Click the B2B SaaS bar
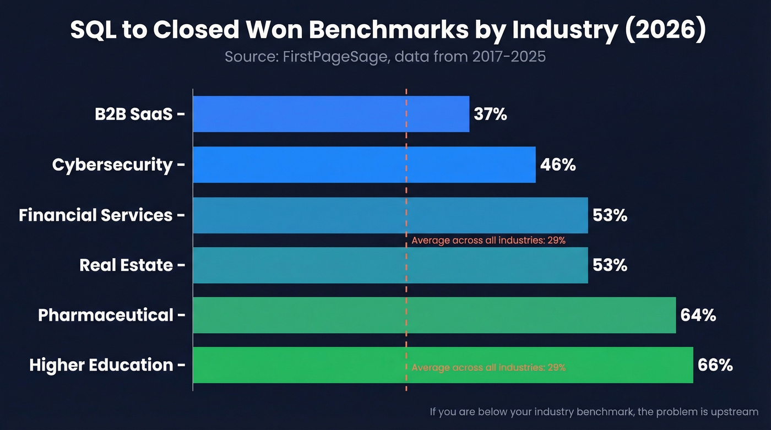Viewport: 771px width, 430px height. (330, 114)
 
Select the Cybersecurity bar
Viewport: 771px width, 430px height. (363, 164)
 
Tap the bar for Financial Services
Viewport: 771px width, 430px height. (390, 215)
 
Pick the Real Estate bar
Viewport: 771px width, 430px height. (390, 265)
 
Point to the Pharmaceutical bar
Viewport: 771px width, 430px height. (434, 315)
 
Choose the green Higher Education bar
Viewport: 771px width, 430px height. (442, 365)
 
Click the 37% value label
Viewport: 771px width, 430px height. (490, 115)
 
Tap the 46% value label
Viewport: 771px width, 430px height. (558, 165)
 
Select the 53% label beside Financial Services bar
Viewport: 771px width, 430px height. (610, 215)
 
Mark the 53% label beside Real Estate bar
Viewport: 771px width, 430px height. (610, 265)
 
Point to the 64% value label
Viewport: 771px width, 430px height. (698, 315)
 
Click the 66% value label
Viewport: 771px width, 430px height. (715, 365)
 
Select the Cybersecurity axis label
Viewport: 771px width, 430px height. (112, 165)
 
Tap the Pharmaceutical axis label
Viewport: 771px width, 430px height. (105, 315)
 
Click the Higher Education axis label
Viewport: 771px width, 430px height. (101, 365)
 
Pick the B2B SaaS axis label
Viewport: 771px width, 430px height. (134, 115)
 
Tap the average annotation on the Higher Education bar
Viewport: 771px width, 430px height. (488, 367)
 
